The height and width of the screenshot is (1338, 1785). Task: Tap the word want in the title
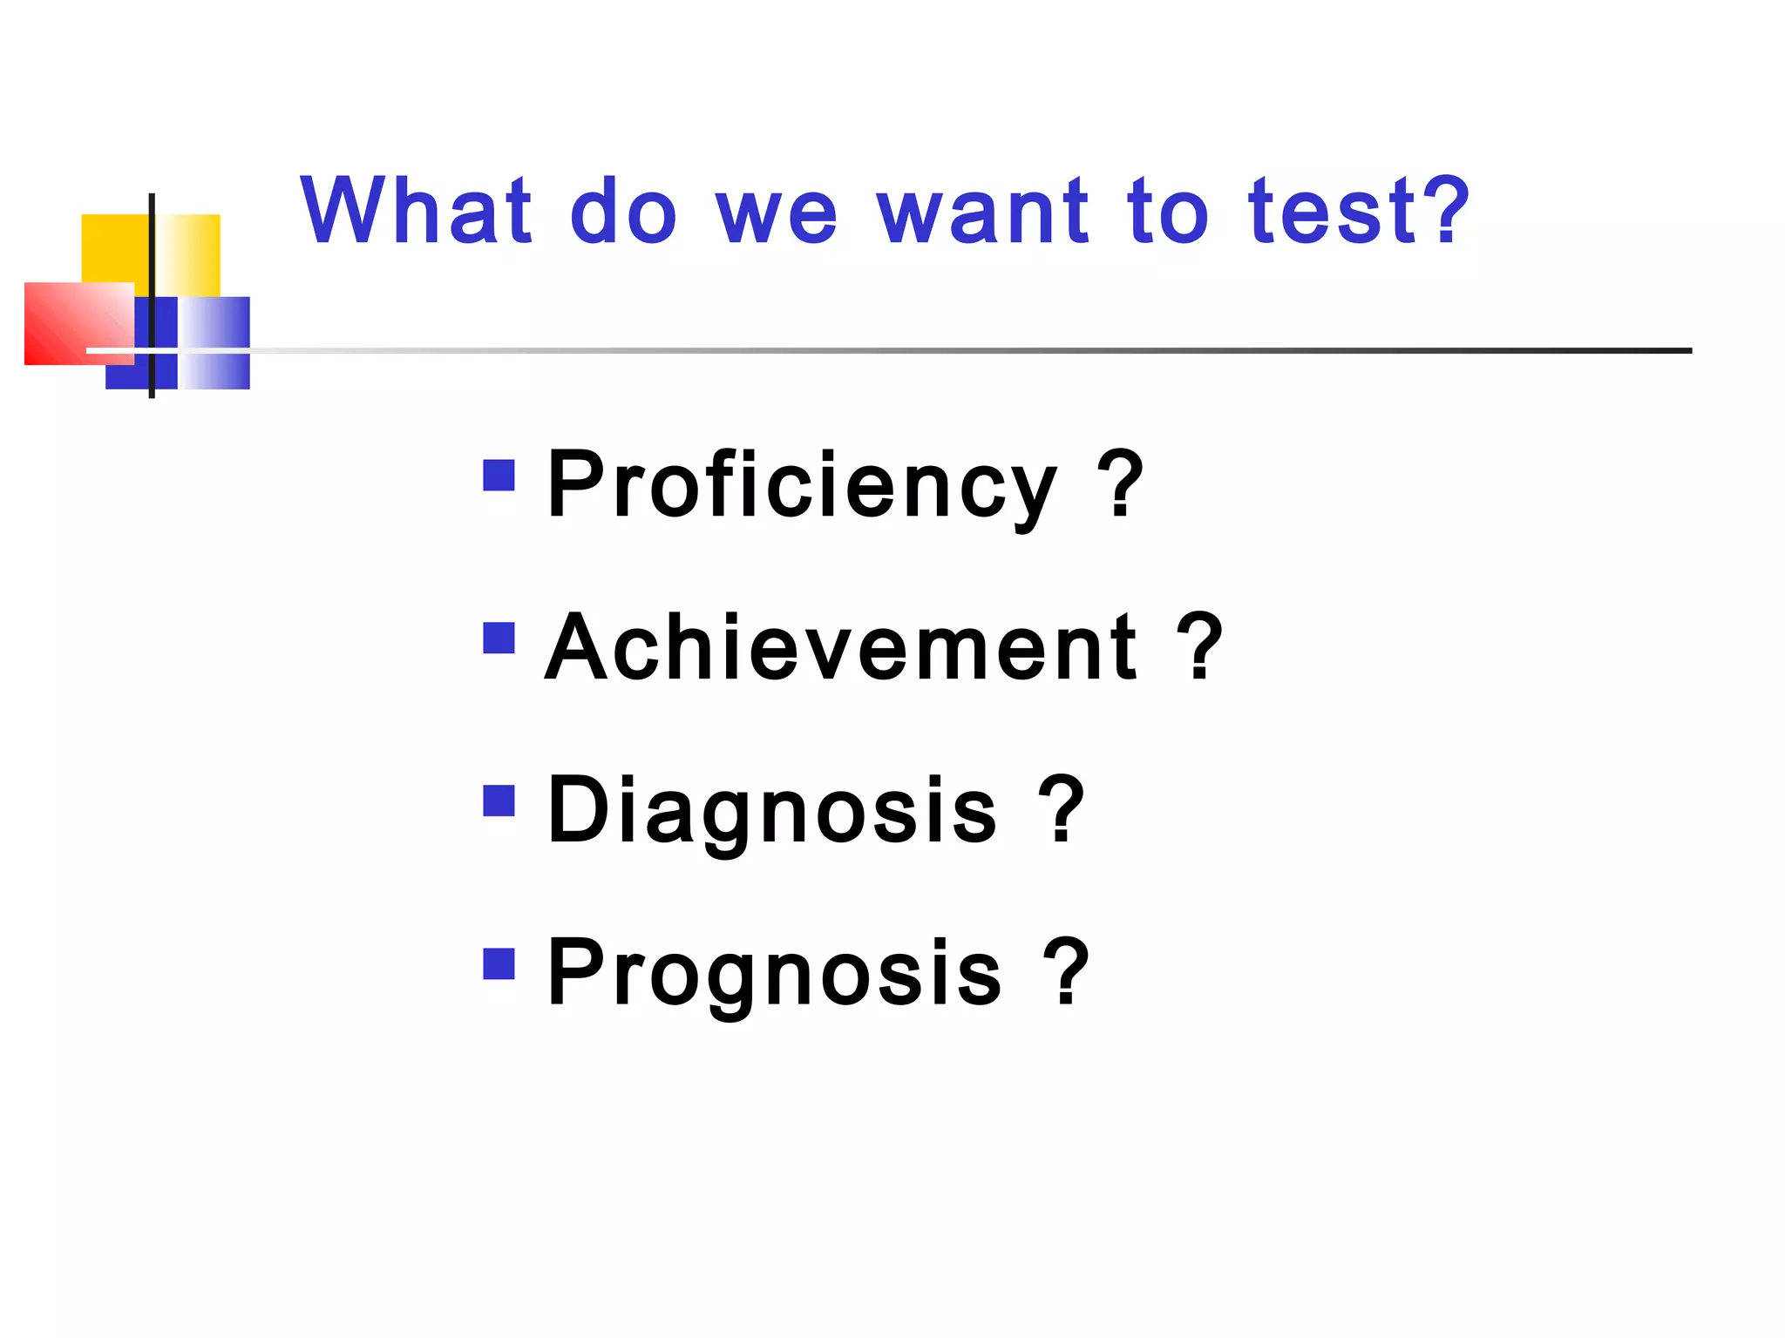[982, 212]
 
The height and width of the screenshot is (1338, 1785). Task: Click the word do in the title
[623, 212]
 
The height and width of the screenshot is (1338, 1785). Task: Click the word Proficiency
[802, 484]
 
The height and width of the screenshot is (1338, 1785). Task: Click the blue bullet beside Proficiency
[499, 476]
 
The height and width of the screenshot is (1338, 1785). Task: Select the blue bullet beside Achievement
[499, 638]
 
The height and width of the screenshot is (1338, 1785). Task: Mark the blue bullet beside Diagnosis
[499, 801]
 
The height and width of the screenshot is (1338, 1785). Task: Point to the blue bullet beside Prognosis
[499, 963]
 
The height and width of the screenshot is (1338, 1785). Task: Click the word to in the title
[1168, 212]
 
